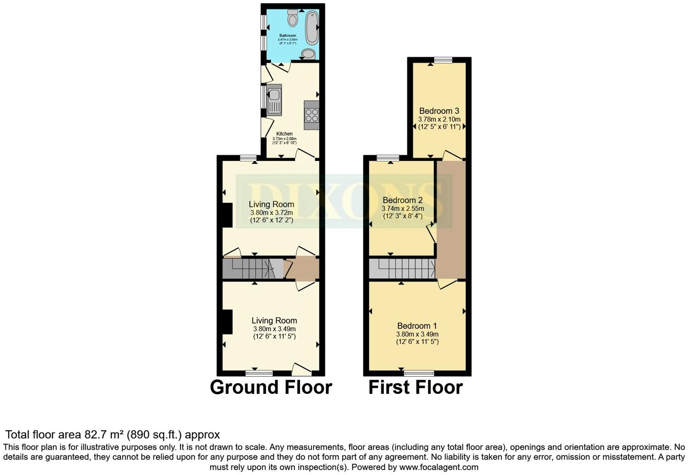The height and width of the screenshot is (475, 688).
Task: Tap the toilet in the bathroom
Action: tap(292, 18)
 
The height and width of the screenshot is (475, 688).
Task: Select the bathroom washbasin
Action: tap(308, 54)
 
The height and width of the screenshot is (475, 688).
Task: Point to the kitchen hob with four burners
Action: tap(312, 115)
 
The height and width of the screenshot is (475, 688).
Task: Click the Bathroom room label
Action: tap(287, 35)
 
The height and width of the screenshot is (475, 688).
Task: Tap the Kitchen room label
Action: tap(284, 134)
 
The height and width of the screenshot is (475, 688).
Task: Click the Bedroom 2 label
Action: tap(402, 200)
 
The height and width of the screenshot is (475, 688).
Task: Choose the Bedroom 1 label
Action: tap(417, 326)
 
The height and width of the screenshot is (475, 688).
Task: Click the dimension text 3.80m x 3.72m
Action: tap(272, 213)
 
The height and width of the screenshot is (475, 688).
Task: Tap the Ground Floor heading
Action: tap(271, 388)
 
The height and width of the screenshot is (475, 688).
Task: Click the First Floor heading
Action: tap(415, 388)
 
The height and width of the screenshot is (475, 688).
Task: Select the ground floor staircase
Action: tap(251, 268)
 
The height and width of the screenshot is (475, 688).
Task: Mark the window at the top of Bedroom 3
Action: tap(443, 60)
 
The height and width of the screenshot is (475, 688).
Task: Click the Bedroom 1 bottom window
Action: tap(419, 373)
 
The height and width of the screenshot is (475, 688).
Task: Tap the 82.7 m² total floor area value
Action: tap(104, 435)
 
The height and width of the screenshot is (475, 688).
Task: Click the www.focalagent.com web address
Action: tap(439, 467)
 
